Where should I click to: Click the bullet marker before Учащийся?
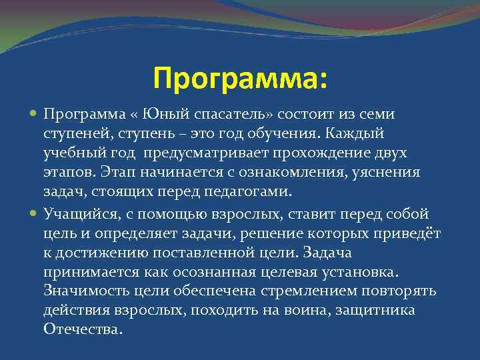34,213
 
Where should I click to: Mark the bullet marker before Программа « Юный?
34,115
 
